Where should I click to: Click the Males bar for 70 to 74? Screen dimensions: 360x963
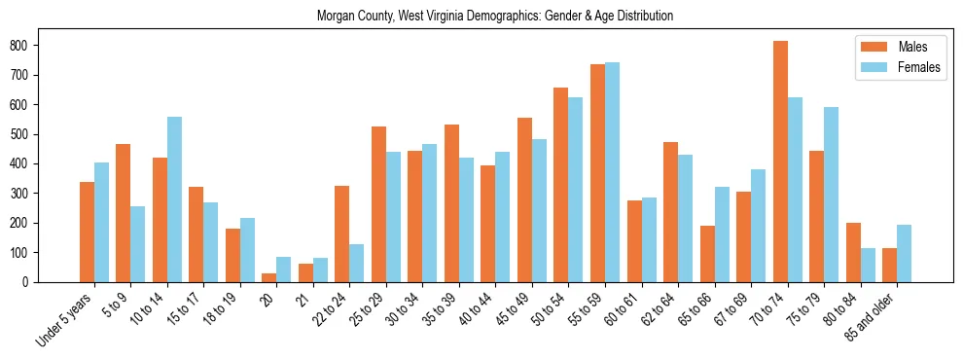tap(780, 162)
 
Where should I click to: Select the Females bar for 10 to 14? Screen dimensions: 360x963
tap(175, 199)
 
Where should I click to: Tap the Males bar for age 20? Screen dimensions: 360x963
tap(269, 277)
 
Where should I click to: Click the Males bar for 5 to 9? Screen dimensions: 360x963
tap(124, 213)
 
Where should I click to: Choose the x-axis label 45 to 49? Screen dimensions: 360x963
tap(513, 308)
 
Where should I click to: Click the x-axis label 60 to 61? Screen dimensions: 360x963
tap(623, 308)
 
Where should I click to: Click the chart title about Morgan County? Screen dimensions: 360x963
tap(495, 17)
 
